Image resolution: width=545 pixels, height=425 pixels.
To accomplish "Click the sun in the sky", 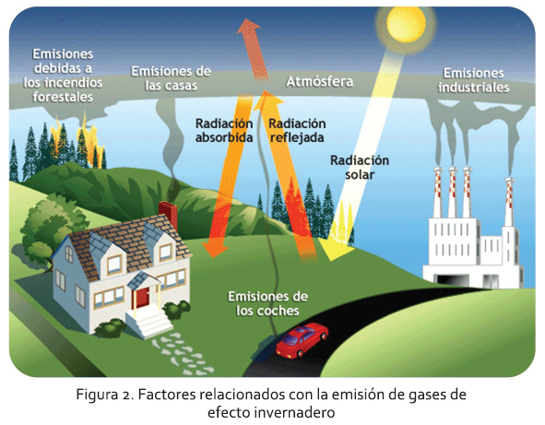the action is point(406,24).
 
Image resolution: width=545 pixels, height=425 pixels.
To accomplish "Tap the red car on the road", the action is point(302,340).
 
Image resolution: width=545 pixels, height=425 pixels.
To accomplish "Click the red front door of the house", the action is point(143,298).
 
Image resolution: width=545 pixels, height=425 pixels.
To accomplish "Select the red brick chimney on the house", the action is point(168,214).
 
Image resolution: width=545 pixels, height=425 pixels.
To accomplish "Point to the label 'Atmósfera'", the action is point(319,81).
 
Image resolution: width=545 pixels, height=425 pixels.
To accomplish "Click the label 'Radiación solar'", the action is point(360,168).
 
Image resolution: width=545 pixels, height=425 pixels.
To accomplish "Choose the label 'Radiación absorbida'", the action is point(224,130).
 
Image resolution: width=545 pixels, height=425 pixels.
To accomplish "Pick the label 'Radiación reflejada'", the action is point(297,130).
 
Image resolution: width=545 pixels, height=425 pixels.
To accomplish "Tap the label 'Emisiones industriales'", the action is point(473,80).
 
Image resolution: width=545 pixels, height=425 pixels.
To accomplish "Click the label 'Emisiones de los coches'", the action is point(267,303).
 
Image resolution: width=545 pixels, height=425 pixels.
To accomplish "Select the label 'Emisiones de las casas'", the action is point(171,78).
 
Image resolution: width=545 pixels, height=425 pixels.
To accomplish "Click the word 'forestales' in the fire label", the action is point(63,97).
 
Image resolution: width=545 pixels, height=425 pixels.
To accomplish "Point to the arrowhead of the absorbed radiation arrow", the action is point(215,250).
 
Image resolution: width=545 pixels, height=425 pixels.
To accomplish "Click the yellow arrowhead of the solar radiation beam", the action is point(335,250).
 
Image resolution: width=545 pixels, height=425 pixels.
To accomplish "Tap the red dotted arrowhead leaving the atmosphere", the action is point(248,27).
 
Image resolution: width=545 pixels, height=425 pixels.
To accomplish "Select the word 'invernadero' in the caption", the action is point(294,413).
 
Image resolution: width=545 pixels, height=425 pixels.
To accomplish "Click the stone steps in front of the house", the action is point(148,321).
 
